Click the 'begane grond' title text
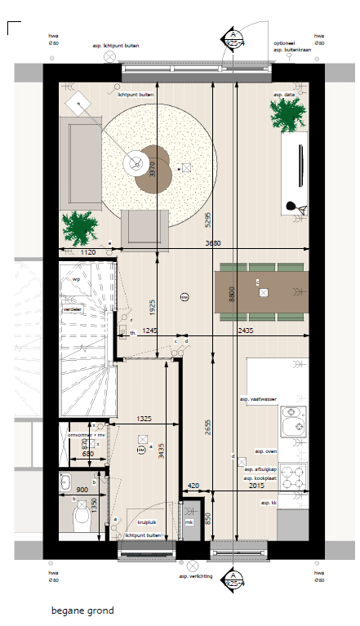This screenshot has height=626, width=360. click(82, 610)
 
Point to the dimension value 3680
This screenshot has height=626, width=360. click(212, 243)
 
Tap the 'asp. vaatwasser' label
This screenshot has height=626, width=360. click(257, 398)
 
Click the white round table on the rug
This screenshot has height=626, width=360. click(132, 163)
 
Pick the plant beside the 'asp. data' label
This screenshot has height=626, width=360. click(288, 114)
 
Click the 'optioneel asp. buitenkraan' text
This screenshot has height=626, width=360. click(289, 46)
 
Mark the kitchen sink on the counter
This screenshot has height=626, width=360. click(293, 422)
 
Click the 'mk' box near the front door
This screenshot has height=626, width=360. click(189, 523)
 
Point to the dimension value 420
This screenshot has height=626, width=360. click(193, 486)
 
